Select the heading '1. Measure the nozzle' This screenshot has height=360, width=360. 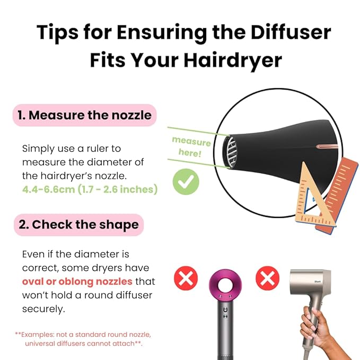click(x=84, y=115)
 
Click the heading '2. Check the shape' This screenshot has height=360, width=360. click(x=78, y=224)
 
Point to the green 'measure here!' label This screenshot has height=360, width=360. click(x=191, y=147)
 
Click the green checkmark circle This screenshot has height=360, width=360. click(x=186, y=182)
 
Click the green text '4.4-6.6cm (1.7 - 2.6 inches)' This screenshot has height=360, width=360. click(x=90, y=189)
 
